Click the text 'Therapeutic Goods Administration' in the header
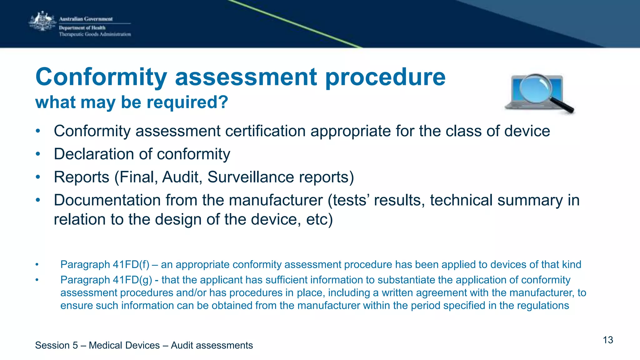[95, 34]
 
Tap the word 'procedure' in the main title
[385, 77]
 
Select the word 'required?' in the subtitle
[187, 102]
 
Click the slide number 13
[608, 340]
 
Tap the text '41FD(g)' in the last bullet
[132, 280]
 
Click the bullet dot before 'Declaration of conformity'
[38, 154]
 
